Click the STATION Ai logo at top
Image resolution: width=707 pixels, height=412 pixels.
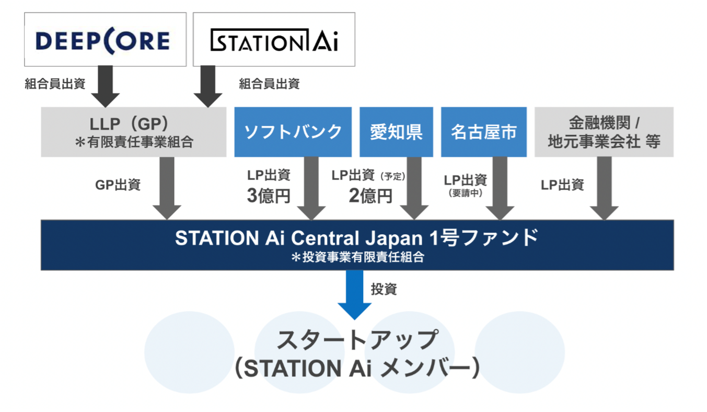pyautogui.click(x=274, y=40)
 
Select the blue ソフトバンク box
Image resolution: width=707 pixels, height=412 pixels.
pyautogui.click(x=293, y=132)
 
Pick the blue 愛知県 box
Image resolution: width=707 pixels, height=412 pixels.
pyautogui.click(x=396, y=132)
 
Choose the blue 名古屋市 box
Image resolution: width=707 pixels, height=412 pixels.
pyautogui.click(x=483, y=132)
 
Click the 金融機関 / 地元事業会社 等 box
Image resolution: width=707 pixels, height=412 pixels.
pyautogui.click(x=604, y=132)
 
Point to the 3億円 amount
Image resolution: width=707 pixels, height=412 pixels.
pyautogui.click(x=269, y=196)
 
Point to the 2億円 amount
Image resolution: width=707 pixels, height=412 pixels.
pyautogui.click(x=370, y=196)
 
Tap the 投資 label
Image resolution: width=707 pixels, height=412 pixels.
pyautogui.click(x=384, y=289)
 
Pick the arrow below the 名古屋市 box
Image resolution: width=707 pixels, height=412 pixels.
pyautogui.click(x=500, y=188)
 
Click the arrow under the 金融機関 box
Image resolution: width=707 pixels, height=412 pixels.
pyautogui.click(x=604, y=188)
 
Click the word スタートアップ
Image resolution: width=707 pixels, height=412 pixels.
pyautogui.click(x=356, y=340)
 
